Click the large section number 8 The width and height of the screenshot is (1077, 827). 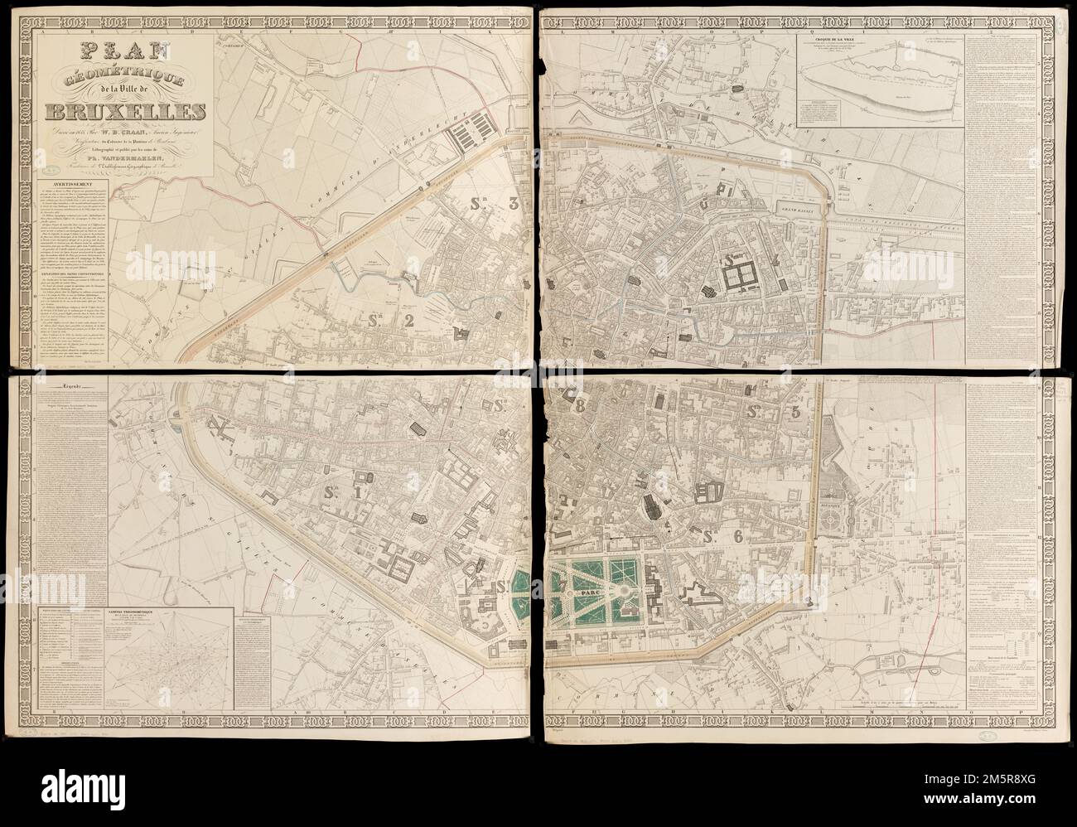[x=579, y=406]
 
